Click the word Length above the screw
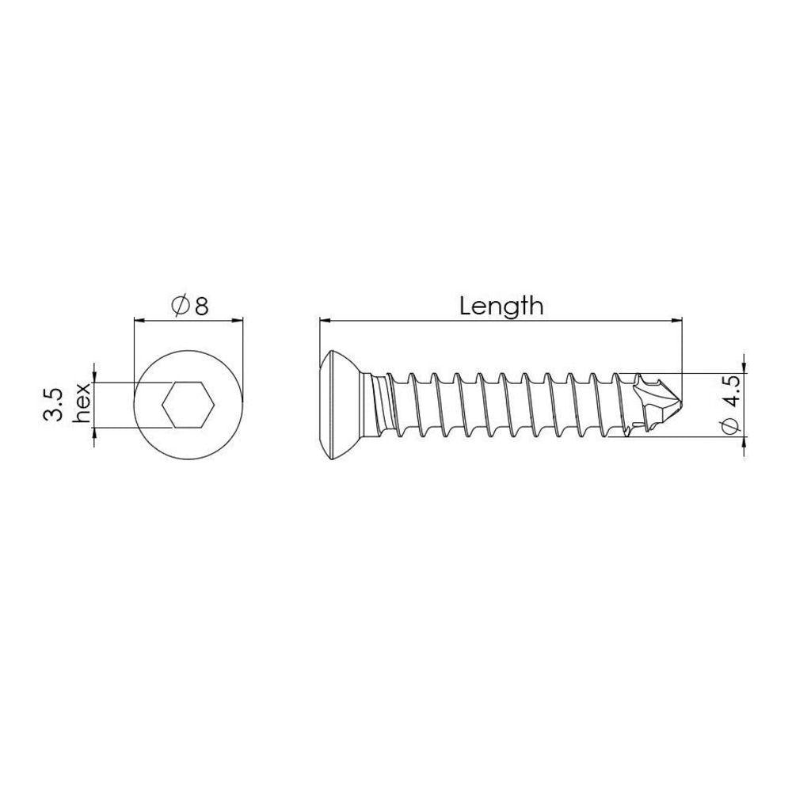501,307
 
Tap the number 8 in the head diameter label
201,306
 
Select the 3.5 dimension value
52,405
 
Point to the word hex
82,403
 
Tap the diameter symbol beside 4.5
730,425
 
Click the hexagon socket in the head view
188,405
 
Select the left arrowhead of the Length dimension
326,320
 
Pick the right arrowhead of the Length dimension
676,320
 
